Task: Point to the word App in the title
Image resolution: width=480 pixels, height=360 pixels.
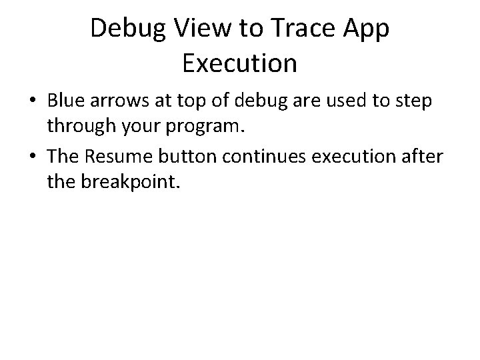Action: pos(367,29)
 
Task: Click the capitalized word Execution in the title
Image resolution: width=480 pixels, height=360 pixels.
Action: pos(239,64)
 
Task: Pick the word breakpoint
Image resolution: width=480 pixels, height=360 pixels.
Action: pos(131,179)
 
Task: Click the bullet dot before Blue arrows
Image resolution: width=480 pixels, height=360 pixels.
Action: pos(33,102)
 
